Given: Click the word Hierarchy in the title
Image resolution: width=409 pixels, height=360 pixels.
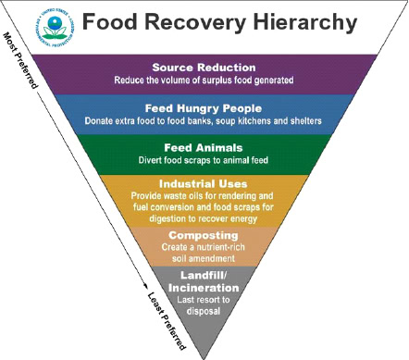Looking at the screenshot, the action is click(304, 21).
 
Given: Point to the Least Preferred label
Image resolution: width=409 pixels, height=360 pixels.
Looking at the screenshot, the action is click(167, 319).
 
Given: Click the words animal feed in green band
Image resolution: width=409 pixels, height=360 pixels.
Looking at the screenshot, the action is click(264, 159).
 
